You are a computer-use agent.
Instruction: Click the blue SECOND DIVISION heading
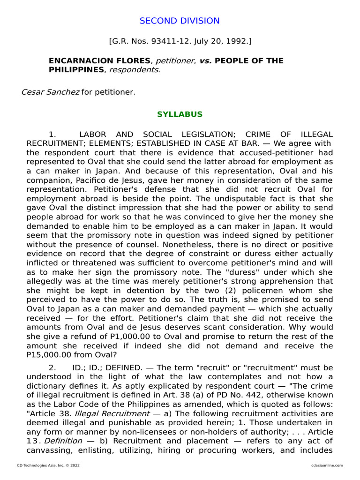pyautogui.click(x=180, y=21)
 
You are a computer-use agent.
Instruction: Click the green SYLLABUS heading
pyautogui.click(x=180, y=114)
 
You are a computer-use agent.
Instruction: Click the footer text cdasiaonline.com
pyautogui.click(x=327, y=465)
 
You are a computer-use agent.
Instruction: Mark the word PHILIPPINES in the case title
pyautogui.click(x=76, y=70)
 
